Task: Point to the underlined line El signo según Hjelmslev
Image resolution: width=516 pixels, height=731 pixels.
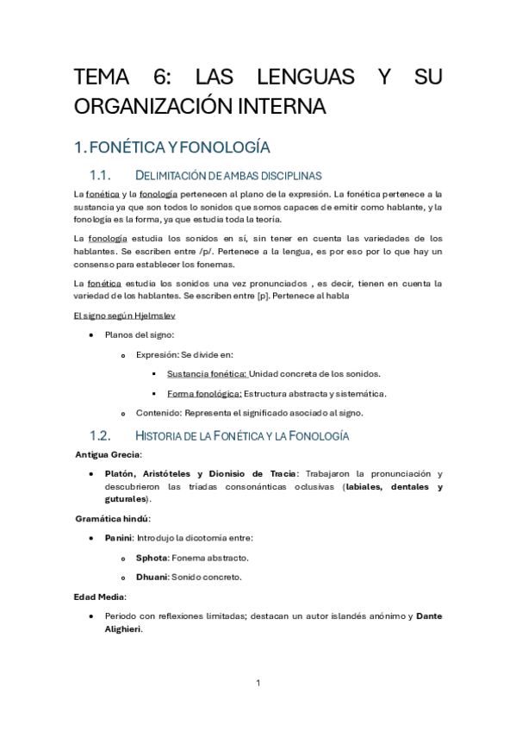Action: tap(125, 315)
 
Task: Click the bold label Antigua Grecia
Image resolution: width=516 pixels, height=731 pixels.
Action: tap(109, 453)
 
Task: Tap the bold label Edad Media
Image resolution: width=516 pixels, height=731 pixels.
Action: tap(100, 597)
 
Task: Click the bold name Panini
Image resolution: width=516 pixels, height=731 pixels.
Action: tap(118, 538)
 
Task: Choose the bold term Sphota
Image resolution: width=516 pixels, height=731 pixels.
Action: tap(151, 558)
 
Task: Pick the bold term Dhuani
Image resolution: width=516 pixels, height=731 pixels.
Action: tap(152, 577)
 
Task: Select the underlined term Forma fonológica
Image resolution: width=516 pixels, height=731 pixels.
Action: tap(203, 393)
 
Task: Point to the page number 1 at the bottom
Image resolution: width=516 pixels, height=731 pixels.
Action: tap(258, 683)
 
